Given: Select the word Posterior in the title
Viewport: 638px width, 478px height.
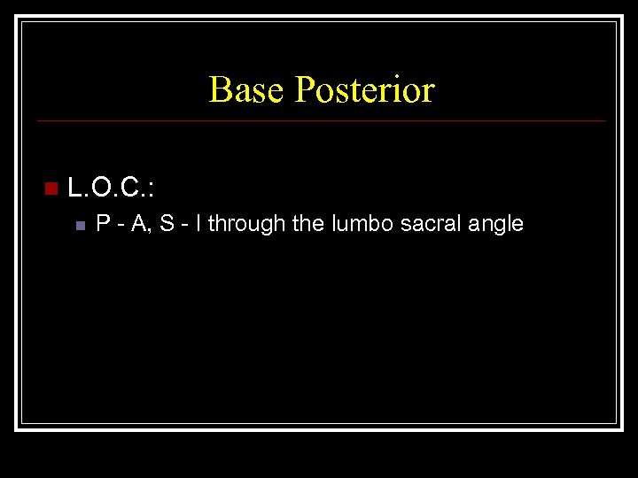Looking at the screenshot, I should point(364,90).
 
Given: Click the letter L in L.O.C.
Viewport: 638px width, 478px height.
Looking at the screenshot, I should point(74,188).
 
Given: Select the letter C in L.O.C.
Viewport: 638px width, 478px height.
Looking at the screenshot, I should point(128,188).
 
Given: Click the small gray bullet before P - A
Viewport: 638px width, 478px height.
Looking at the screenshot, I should point(80,226).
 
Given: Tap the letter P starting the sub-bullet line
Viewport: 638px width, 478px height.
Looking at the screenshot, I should point(103,224).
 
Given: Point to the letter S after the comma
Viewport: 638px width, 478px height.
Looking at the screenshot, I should point(166,224).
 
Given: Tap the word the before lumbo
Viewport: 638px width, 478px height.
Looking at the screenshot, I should point(307,224).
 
